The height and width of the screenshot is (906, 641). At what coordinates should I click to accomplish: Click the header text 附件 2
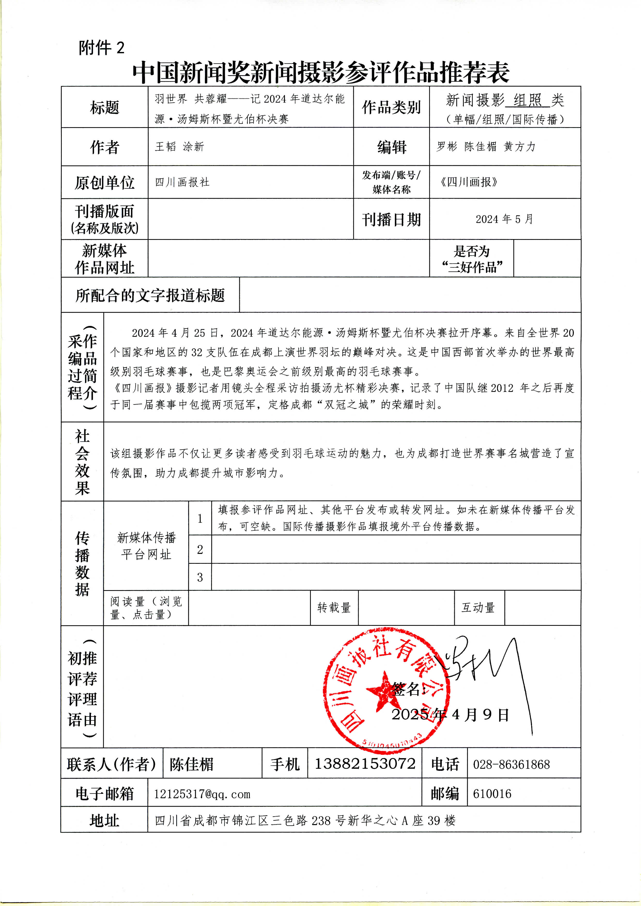[102, 48]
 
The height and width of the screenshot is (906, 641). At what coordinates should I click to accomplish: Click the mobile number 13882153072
[365, 763]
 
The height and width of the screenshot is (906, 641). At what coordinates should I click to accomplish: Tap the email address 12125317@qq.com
[202, 794]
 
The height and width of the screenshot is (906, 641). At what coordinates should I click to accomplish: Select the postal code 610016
[492, 794]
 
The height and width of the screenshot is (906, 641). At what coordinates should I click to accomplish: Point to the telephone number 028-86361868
[511, 764]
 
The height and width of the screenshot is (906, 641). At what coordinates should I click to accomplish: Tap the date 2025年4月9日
[450, 714]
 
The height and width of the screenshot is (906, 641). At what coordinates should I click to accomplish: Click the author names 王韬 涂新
[179, 147]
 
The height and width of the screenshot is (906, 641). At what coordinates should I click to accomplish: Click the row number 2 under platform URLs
[200, 549]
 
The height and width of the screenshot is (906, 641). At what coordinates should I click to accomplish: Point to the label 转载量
[334, 607]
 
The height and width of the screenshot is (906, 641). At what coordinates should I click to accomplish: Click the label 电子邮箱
[105, 794]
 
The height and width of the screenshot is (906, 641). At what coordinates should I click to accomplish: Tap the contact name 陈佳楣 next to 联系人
[191, 764]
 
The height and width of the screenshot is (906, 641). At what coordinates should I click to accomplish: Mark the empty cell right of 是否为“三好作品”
[547, 258]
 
